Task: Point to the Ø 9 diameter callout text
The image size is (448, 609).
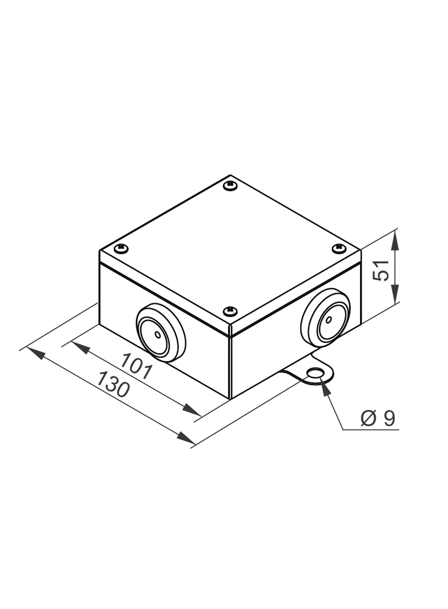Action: [378, 419]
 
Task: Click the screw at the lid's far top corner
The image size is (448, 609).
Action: [230, 185]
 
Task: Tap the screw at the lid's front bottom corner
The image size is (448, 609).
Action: [230, 310]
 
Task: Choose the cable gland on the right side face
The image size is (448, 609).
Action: [326, 319]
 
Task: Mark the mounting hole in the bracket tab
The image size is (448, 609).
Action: [314, 375]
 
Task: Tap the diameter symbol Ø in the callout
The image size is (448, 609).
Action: [368, 419]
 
